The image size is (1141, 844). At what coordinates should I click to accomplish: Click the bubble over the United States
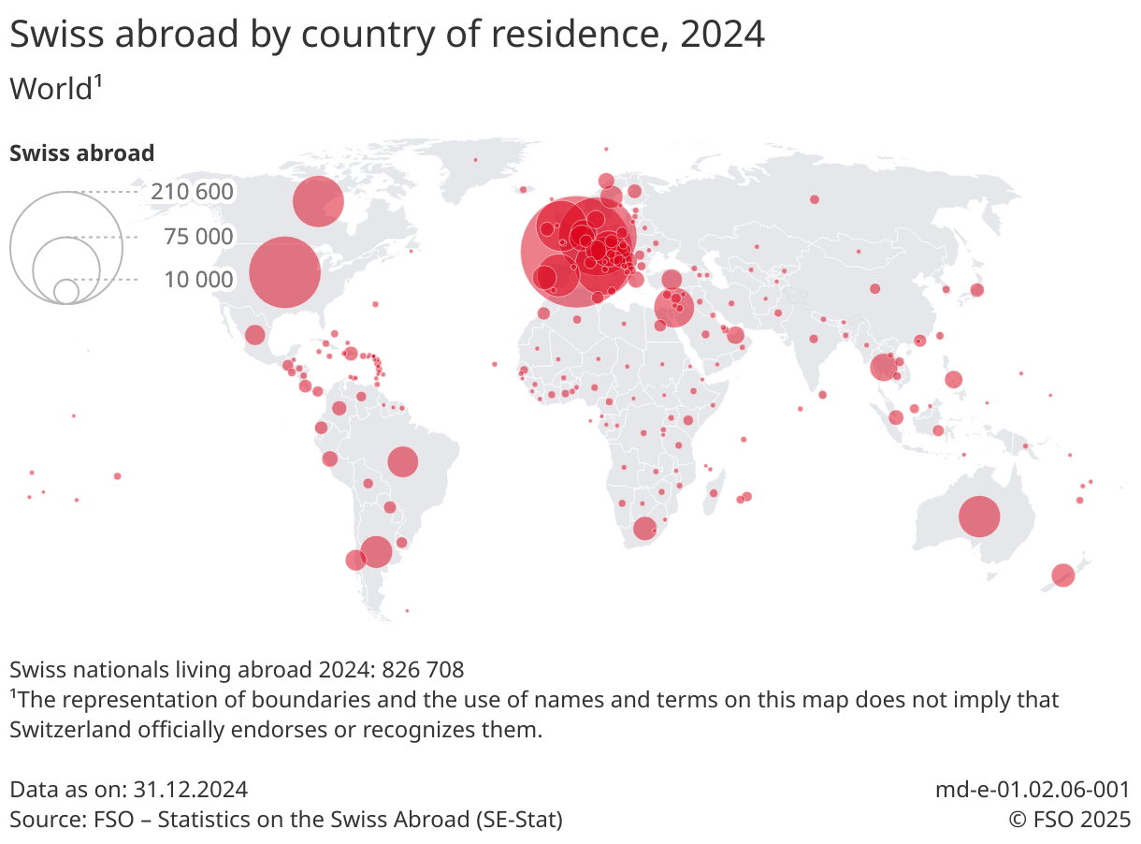coord(285,272)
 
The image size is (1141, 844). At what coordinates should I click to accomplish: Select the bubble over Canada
coord(318,201)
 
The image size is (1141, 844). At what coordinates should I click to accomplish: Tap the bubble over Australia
coord(979,517)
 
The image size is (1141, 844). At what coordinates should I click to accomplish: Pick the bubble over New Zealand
coord(1062,575)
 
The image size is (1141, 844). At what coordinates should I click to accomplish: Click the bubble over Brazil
coord(402,461)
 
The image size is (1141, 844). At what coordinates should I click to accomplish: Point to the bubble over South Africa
coord(644,529)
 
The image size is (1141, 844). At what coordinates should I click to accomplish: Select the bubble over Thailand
coord(883,367)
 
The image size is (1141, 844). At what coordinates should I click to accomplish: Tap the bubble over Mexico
coord(254,335)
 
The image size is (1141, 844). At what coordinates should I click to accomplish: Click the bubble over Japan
coord(976,290)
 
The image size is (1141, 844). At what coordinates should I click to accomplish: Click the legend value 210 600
coord(192,193)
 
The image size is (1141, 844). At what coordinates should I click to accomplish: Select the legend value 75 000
coord(198,238)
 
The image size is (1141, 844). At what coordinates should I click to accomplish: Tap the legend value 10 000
coord(198,280)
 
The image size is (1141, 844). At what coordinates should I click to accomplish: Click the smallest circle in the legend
coord(66,291)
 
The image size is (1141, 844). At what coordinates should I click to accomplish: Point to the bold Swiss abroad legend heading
coord(81,153)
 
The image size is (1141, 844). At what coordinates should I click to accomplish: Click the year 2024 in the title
coord(722,35)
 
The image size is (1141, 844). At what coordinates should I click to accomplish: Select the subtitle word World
coord(51,90)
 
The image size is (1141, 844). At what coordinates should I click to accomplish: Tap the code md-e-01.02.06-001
coord(1033,790)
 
